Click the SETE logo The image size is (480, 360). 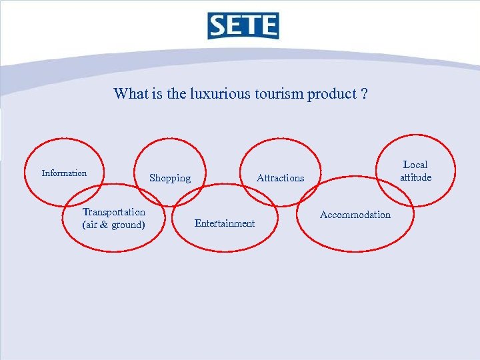pos(243,26)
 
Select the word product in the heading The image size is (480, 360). pos(331,94)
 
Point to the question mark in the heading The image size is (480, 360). pos(363,93)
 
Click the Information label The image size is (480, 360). pos(64,173)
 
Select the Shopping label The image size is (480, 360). pos(170,178)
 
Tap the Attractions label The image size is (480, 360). pos(280,178)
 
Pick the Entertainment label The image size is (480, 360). pos(224,223)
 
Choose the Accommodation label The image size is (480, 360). pos(355,215)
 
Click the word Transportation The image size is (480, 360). pos(113,212)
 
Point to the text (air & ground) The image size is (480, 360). pos(113,225)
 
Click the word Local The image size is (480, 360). pos(415,165)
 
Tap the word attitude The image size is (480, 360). pos(415,177)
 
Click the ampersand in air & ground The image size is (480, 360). pos(105,225)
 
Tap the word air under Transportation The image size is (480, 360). pos(91,225)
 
